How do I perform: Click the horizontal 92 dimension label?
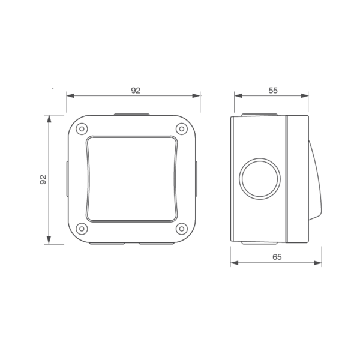136,91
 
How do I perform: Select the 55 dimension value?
273,91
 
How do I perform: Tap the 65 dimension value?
277,257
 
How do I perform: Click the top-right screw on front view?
181,129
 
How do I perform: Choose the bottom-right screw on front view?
181,229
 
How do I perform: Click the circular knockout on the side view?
260,178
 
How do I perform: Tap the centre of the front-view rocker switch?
132,179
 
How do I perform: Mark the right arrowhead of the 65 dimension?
319,263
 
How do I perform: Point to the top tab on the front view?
131,114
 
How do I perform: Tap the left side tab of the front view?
67,179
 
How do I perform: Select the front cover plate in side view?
298,179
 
